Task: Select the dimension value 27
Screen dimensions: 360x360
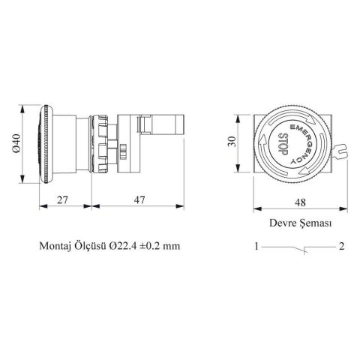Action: click(64, 199)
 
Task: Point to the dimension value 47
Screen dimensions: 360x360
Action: click(139, 199)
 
